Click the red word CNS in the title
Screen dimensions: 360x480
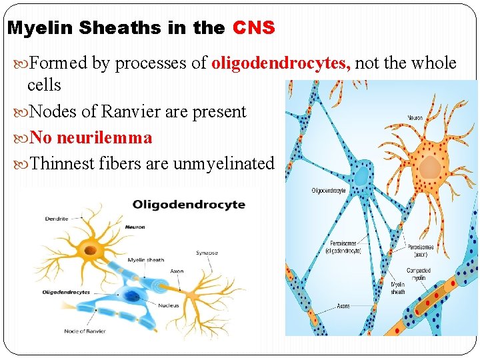coord(254,28)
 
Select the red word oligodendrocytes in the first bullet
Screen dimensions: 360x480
coord(281,63)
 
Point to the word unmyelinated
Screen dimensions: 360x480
coord(223,163)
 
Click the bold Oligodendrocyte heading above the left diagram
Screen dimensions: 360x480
coord(189,205)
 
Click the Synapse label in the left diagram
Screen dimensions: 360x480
coord(207,253)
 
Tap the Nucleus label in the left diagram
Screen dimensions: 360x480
coord(168,306)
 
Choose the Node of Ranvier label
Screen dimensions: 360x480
coord(85,331)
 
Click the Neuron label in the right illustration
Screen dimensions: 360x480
coord(415,119)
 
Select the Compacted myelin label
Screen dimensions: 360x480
coord(419,274)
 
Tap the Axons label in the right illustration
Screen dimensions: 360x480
coord(343,306)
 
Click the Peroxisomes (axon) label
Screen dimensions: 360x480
coord(420,251)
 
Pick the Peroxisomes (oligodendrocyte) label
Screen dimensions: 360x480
coord(343,247)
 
